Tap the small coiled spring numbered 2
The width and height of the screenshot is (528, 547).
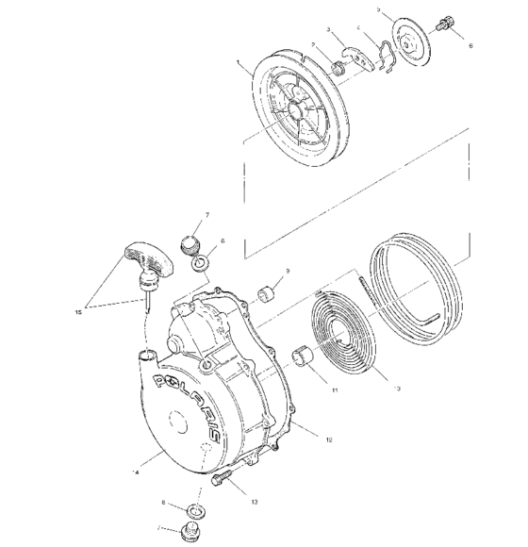click(x=336, y=67)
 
